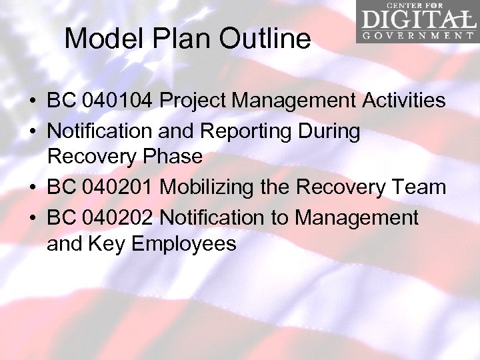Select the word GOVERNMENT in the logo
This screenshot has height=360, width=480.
(416, 35)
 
